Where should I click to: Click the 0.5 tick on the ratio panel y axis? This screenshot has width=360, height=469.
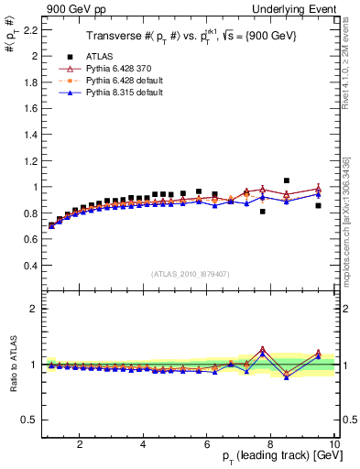(x=30, y=420)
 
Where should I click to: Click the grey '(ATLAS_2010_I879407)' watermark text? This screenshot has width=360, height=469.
(x=190, y=273)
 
